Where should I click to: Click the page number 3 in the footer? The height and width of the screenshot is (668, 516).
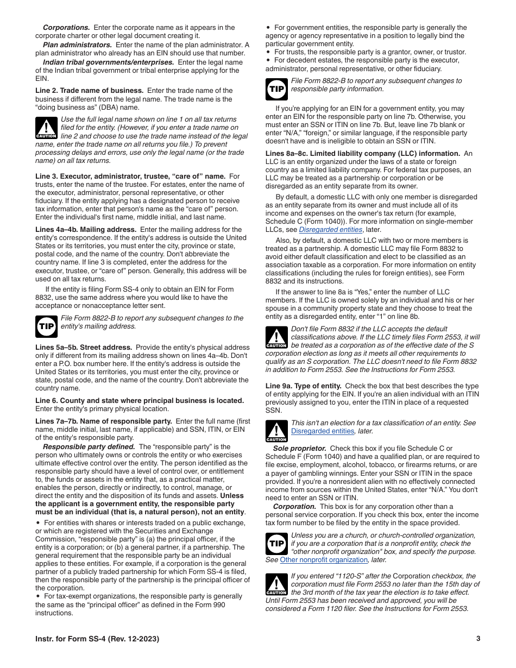point(478,639)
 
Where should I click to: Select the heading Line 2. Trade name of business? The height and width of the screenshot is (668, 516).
point(90,91)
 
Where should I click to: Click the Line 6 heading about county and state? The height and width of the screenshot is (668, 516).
point(140,401)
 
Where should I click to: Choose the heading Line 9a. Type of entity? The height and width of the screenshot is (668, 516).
point(303,386)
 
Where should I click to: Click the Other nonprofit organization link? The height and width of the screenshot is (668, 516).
point(324,560)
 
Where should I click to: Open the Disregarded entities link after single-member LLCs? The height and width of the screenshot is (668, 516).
point(330,230)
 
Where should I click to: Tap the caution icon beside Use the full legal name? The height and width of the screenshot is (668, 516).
point(46,128)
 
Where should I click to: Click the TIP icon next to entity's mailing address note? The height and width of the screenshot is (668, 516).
point(46,326)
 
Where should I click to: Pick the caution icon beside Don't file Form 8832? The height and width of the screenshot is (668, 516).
point(276,337)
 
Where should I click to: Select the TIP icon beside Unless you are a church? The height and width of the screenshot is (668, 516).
point(276,544)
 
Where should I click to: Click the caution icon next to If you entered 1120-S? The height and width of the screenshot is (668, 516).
point(276,584)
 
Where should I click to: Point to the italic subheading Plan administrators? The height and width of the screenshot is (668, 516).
point(77,45)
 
